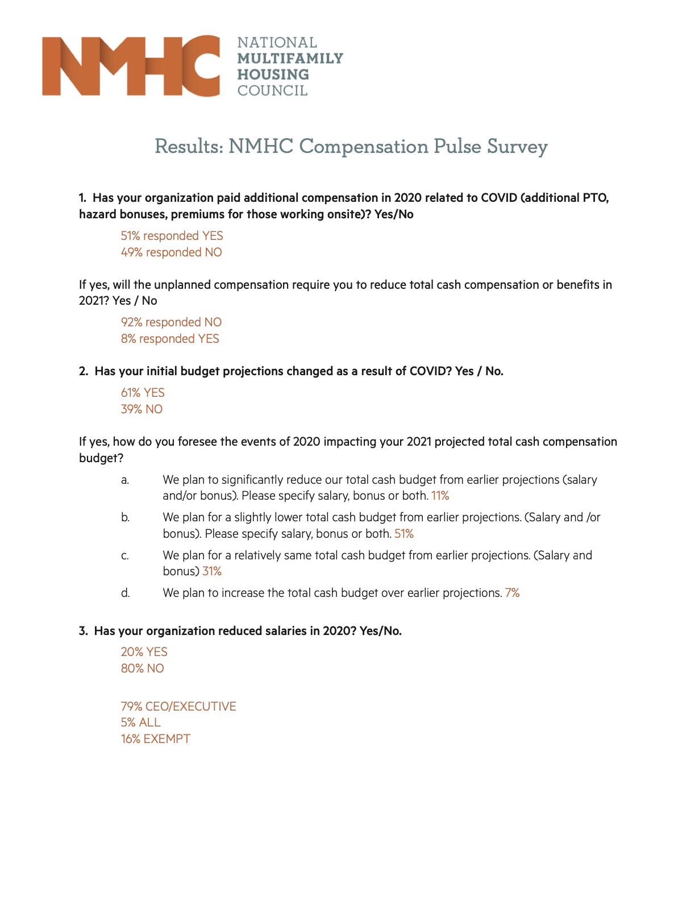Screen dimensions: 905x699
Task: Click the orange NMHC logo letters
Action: [131, 66]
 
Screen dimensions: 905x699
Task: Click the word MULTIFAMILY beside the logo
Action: [290, 59]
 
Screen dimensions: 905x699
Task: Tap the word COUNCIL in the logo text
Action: [272, 90]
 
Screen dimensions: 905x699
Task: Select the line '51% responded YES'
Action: [172, 236]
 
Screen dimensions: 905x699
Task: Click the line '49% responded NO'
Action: [171, 252]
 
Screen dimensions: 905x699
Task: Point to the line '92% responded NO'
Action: [171, 322]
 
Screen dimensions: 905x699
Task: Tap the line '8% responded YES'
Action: [169, 339]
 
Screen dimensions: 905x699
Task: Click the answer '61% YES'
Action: [143, 393]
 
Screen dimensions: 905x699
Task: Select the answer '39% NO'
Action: [142, 409]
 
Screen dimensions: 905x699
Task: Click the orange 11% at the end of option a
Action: [440, 496]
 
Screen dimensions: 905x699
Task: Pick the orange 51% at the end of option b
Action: [403, 534]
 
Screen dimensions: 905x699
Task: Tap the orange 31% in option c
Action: [211, 571]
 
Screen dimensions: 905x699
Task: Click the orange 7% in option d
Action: [512, 593]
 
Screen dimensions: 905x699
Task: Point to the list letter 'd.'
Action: [125, 593]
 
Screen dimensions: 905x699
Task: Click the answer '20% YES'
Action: [144, 652]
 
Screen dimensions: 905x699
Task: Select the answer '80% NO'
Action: [142, 669]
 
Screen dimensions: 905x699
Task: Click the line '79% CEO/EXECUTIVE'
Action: [178, 707]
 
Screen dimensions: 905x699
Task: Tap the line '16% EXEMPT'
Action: [155, 739]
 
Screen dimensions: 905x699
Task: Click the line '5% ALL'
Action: [140, 723]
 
